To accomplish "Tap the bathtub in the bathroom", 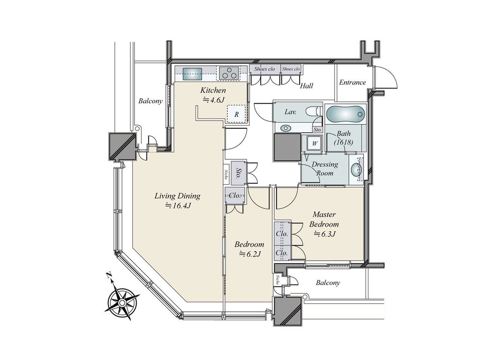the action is (345, 114).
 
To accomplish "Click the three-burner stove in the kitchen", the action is (229, 74).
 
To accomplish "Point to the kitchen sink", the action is (192, 74).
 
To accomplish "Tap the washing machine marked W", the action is (314, 143).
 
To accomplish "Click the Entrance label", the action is (352, 82).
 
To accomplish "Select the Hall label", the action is (306, 86).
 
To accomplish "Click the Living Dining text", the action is (177, 196).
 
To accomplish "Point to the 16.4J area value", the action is (178, 206).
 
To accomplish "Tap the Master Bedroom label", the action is (324, 219).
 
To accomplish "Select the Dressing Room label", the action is (324, 169).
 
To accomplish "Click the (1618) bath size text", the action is (344, 142).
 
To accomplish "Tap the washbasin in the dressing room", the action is (356, 169).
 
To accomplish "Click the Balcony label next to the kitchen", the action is (150, 101).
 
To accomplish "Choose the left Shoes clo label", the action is (264, 69).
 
